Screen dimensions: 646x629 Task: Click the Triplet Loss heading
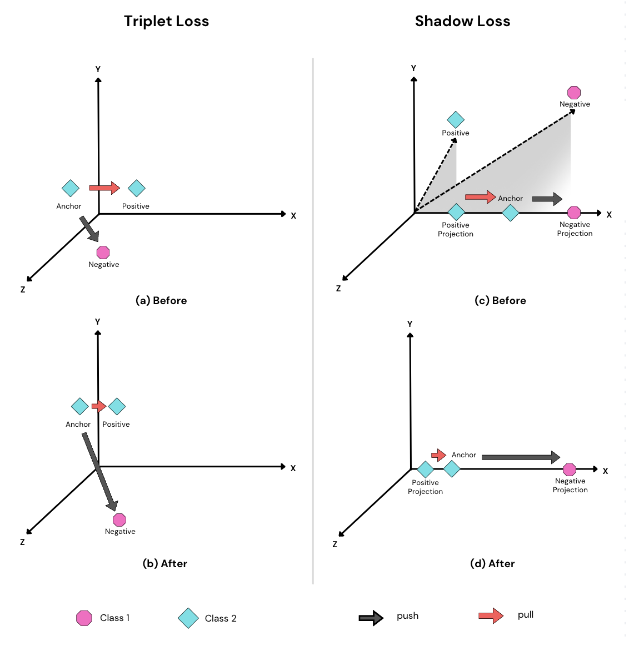pyautogui.click(x=166, y=21)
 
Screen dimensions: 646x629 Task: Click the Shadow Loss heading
pyautogui.click(x=462, y=21)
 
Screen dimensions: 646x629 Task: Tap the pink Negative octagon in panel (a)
pyautogui.click(x=103, y=253)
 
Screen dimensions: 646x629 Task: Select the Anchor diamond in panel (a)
pyautogui.click(x=71, y=189)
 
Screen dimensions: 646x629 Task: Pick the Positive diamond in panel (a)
pyautogui.click(x=136, y=189)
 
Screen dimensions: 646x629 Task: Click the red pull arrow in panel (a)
pyautogui.click(x=104, y=188)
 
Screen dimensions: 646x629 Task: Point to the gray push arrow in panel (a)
pyautogui.click(x=89, y=228)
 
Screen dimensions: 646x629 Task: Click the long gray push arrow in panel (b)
pyautogui.click(x=100, y=471)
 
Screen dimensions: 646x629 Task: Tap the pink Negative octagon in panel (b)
pyautogui.click(x=119, y=520)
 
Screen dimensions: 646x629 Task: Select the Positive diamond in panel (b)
pyautogui.click(x=117, y=407)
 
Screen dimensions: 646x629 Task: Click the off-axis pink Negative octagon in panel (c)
pyautogui.click(x=574, y=93)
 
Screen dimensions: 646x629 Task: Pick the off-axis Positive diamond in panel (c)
pyautogui.click(x=456, y=120)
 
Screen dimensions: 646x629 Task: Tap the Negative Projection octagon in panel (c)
pyautogui.click(x=574, y=213)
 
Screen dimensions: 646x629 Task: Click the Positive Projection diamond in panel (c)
pyautogui.click(x=456, y=212)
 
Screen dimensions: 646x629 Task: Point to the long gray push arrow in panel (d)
pyautogui.click(x=521, y=457)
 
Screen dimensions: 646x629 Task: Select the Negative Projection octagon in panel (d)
pyautogui.click(x=570, y=470)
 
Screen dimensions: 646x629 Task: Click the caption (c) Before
pyautogui.click(x=500, y=300)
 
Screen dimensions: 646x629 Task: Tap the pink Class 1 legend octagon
pyautogui.click(x=84, y=618)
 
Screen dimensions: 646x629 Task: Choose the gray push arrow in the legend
pyautogui.click(x=371, y=618)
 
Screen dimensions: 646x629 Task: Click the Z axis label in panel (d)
pyautogui.click(x=335, y=544)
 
